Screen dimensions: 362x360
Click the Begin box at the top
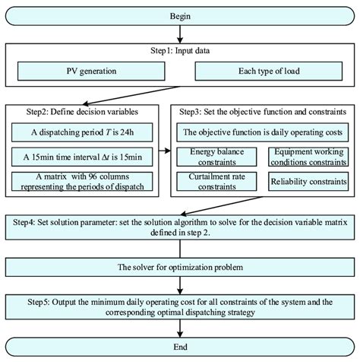[179, 14]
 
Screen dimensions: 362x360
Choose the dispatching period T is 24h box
[86, 132]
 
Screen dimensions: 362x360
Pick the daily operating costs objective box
[262, 132]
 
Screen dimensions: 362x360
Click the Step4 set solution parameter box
[179, 229]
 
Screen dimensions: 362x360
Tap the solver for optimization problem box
[179, 268]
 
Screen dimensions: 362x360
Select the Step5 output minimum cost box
[179, 308]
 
